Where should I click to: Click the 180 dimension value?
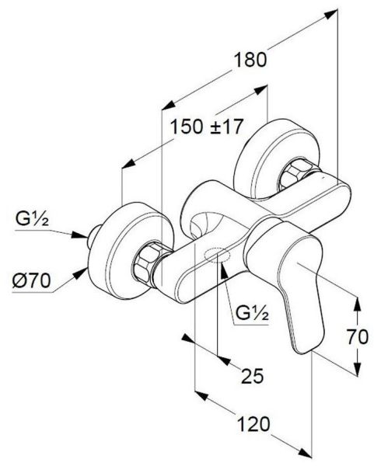(250, 60)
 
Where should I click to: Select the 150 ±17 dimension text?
(207, 127)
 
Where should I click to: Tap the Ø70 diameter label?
(32, 280)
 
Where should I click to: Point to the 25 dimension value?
(252, 376)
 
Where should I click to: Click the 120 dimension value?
(253, 424)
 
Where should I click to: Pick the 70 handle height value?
(358, 337)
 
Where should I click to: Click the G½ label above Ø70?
(32, 220)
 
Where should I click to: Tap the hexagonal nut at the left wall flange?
(147, 262)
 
